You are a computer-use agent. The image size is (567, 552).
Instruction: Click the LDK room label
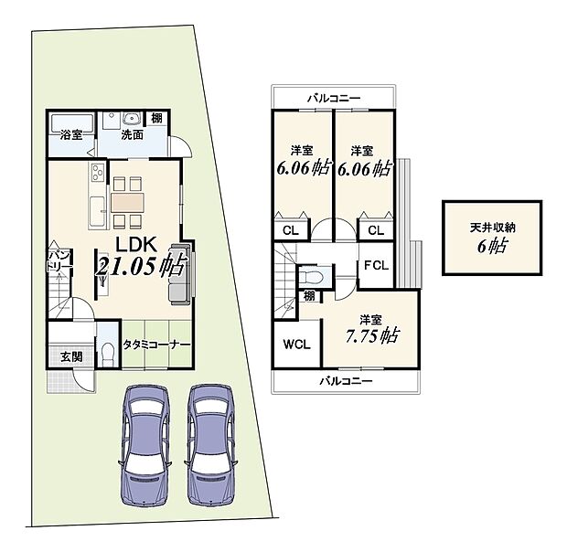[x=137, y=243]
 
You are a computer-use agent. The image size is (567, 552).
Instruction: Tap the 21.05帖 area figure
[x=142, y=267]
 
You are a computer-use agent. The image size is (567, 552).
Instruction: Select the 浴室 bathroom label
[x=70, y=134]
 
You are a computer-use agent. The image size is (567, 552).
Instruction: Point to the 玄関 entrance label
[x=71, y=356]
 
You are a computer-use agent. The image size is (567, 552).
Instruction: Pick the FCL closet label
[x=375, y=266]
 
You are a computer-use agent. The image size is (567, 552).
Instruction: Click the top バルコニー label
[x=334, y=97]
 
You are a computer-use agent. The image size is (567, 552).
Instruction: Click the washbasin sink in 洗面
[x=128, y=117]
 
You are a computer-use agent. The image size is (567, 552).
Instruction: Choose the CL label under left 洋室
[x=289, y=230]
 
